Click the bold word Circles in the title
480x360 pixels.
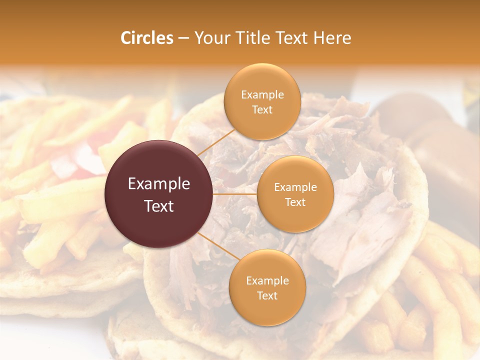pos(147,38)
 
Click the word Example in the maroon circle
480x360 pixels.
pos(159,184)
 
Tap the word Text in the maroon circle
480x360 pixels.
pos(159,205)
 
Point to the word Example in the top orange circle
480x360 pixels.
pos(262,95)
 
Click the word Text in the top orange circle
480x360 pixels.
pos(262,109)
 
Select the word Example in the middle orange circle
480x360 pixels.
pos(295,187)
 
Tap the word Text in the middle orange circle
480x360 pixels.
pos(295,202)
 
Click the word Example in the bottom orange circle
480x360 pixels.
pos(267,280)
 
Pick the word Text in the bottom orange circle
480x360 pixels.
pos(267,295)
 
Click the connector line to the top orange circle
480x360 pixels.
pos(215,141)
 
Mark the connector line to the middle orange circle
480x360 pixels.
pos(235,193)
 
